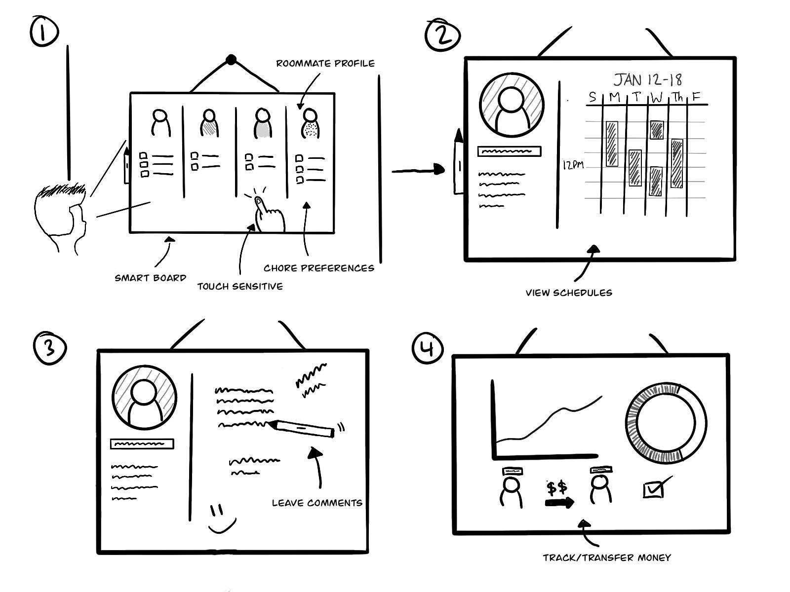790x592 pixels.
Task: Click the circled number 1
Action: point(44,31)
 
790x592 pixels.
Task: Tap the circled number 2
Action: point(442,36)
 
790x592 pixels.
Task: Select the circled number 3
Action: point(49,348)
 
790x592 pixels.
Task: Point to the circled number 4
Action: point(428,348)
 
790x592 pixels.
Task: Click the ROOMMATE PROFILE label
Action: point(325,64)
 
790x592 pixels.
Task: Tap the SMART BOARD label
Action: point(150,278)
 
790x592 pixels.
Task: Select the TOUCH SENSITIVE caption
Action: point(240,286)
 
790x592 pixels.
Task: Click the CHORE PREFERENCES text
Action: point(318,268)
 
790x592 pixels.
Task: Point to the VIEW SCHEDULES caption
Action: point(569,293)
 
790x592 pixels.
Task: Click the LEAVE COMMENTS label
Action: point(317,503)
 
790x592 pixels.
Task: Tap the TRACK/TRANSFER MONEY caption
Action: point(607,557)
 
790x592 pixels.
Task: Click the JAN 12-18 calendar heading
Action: point(648,80)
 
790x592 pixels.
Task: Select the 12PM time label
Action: point(573,165)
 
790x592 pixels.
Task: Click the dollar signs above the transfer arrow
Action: point(557,488)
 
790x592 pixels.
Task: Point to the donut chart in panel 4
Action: point(666,423)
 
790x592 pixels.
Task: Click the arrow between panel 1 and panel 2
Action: point(418,171)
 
